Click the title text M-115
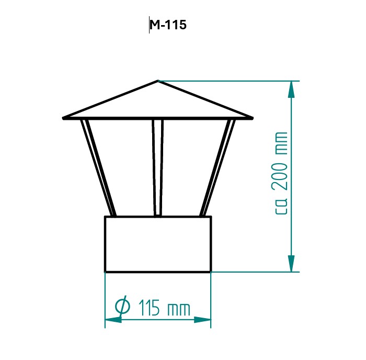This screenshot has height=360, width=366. (x=168, y=25)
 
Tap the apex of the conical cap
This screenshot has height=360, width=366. (x=158, y=81)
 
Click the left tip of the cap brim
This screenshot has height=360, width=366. (x=63, y=118)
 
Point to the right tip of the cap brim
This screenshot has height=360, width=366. (x=253, y=118)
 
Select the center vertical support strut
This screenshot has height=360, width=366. (x=158, y=167)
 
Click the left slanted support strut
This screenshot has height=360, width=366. (x=98, y=168)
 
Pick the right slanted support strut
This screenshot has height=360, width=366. (x=218, y=168)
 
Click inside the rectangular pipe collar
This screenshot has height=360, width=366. (x=158, y=244)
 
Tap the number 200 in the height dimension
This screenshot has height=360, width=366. (x=279, y=176)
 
